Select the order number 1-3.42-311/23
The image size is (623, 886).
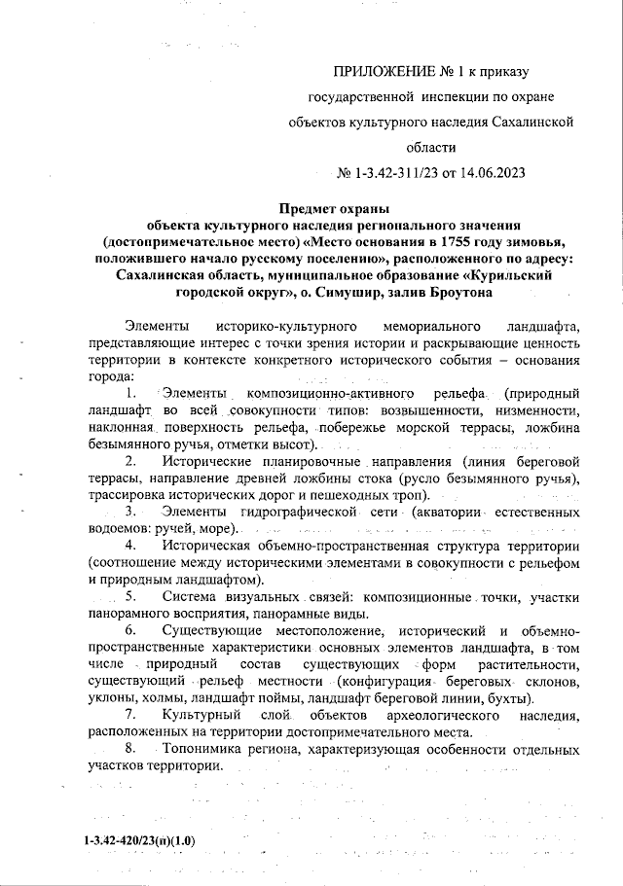tap(389, 174)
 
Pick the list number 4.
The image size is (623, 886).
tap(131, 546)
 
